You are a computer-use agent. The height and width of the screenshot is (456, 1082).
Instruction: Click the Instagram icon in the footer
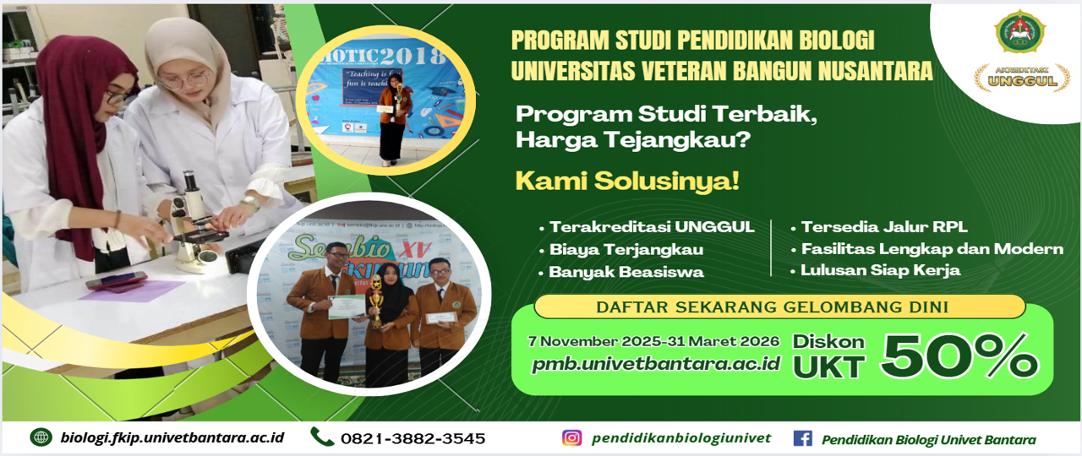tap(572, 437)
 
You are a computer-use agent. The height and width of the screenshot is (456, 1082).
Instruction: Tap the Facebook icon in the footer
tap(802, 438)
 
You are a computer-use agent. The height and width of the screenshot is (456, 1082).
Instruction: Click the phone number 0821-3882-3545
tap(413, 438)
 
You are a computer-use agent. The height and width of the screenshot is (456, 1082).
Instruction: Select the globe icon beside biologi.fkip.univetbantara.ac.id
tap(41, 437)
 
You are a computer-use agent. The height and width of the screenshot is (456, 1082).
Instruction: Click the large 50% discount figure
tap(959, 356)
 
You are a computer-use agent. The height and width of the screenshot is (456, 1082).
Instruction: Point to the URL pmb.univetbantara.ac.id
tap(655, 365)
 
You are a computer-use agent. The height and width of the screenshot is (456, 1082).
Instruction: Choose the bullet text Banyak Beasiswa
tap(626, 272)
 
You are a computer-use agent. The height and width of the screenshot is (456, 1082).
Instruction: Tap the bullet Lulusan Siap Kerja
tap(880, 271)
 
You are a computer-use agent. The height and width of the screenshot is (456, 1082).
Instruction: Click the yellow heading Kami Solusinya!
tap(627, 181)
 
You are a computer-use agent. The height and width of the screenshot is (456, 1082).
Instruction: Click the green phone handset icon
tap(321, 437)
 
